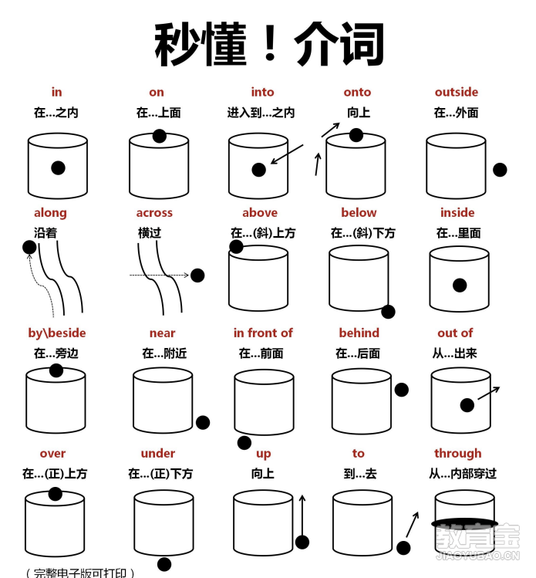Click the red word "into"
(x=262, y=92)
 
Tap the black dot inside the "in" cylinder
(x=58, y=167)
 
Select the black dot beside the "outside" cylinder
(x=500, y=170)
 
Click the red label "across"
(x=154, y=212)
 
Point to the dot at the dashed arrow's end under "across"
(x=197, y=275)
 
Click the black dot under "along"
(x=29, y=247)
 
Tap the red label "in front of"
(x=263, y=333)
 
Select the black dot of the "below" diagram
(x=388, y=312)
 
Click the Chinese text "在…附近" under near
(x=164, y=353)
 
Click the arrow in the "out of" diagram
(x=488, y=394)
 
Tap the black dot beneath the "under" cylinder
(x=164, y=563)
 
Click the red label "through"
(x=457, y=453)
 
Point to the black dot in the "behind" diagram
(x=401, y=390)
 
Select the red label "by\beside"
(x=57, y=333)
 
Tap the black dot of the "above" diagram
(x=236, y=246)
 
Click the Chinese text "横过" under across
(x=150, y=232)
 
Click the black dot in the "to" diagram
(x=403, y=547)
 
